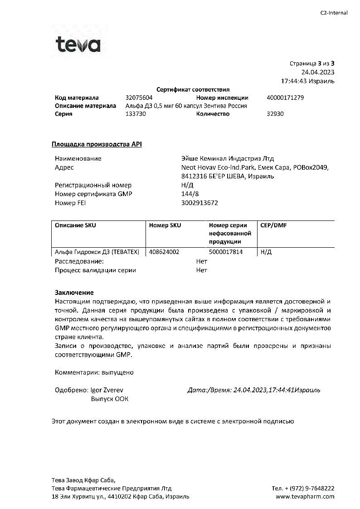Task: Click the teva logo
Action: (x=78, y=45)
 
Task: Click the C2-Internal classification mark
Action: (x=334, y=13)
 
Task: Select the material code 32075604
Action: (x=139, y=98)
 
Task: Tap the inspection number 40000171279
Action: (x=285, y=98)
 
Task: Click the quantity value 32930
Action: (x=275, y=114)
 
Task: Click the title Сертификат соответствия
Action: (x=193, y=89)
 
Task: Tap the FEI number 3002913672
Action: (x=199, y=203)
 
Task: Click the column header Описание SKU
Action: (x=75, y=225)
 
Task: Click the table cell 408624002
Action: (x=164, y=252)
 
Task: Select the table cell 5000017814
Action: (x=226, y=252)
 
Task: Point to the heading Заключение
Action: (x=74, y=293)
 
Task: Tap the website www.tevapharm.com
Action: (x=305, y=496)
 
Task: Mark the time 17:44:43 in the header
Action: (x=297, y=81)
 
